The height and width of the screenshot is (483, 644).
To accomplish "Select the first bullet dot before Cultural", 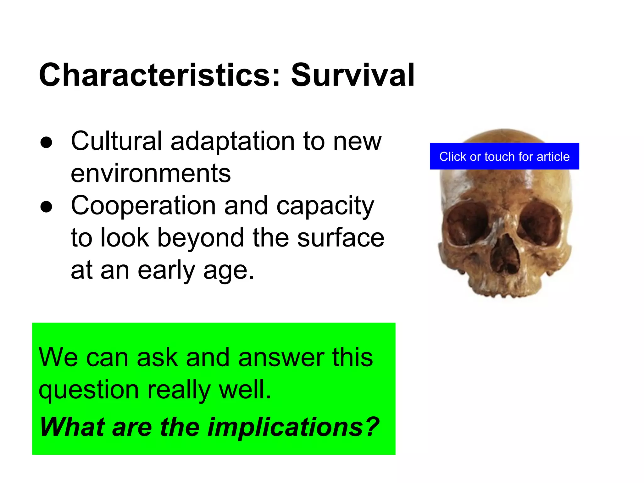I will click(46, 142).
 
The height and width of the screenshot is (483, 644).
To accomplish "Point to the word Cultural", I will click(116, 141).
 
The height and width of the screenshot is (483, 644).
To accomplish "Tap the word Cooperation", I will click(143, 206).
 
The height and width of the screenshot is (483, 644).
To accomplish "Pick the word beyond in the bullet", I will click(201, 238).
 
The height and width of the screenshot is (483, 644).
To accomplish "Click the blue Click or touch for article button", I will click(504, 156).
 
